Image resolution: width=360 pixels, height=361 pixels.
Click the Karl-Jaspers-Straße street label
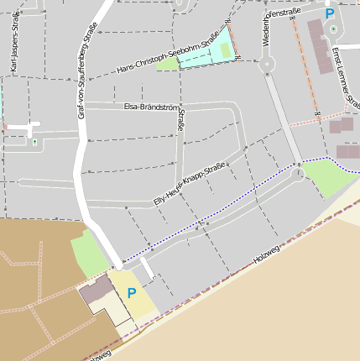[17, 50]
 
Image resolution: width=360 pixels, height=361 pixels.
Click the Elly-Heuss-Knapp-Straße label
[189, 183]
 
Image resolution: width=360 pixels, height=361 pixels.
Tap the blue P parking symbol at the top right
[330, 13]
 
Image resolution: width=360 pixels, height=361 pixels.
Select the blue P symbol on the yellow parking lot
[131, 293]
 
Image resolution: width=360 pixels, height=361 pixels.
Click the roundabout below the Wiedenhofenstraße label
[268, 64]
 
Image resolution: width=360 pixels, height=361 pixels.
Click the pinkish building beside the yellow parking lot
[96, 290]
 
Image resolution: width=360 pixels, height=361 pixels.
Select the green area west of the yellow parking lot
[86, 254]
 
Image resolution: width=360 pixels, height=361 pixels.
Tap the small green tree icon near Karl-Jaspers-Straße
[34, 141]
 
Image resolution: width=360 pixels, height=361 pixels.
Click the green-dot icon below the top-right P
[333, 29]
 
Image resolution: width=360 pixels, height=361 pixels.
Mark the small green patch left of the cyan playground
[167, 64]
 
